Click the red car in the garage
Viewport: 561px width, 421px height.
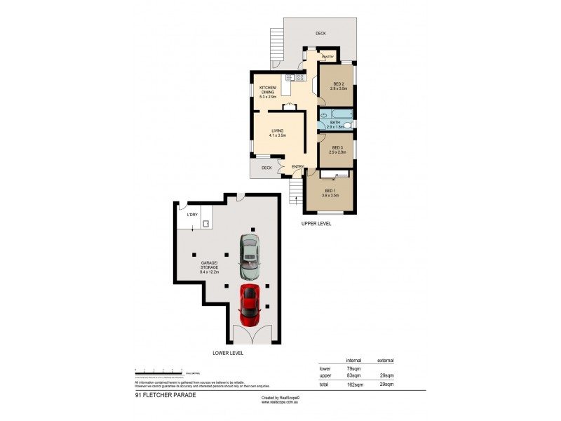(250, 302)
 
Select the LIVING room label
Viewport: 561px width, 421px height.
(277, 132)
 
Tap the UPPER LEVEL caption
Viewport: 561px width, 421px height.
(316, 223)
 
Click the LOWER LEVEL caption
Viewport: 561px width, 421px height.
(228, 353)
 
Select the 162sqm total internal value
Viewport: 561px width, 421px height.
(353, 385)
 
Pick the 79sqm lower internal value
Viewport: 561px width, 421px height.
(353, 368)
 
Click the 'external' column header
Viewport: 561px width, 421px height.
(385, 360)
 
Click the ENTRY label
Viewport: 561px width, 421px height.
(297, 166)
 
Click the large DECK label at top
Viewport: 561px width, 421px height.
(320, 33)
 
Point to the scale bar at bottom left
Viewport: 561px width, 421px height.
(158, 370)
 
